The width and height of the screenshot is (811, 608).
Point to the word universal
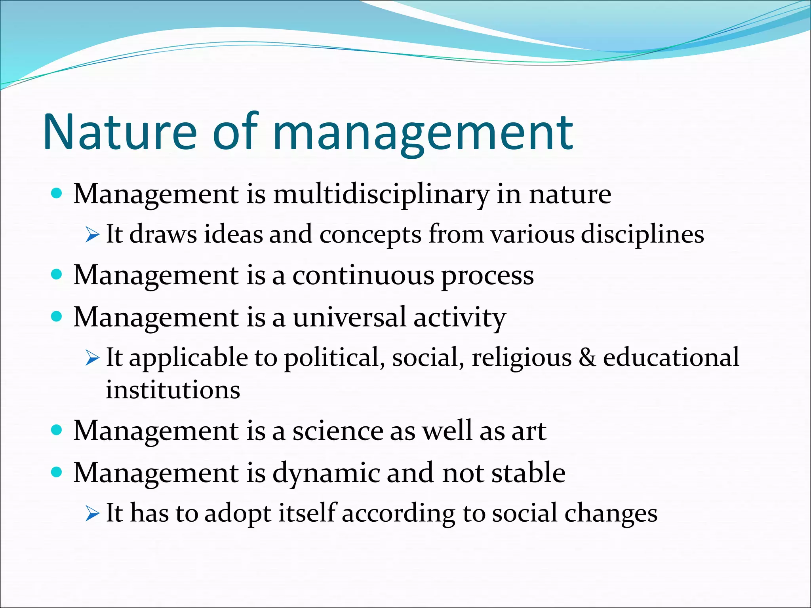pyautogui.click(x=349, y=317)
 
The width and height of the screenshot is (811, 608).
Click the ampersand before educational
pyautogui.click(x=587, y=357)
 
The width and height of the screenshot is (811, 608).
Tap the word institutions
pyautogui.click(x=173, y=390)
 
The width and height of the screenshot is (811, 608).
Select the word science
pyautogui.click(x=337, y=431)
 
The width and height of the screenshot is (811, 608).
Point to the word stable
pyautogui.click(x=528, y=473)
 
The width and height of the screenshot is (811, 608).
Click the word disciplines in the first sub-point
pyautogui.click(x=642, y=234)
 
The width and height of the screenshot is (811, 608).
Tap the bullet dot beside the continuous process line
pyautogui.click(x=57, y=274)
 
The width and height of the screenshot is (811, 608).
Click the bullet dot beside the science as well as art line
pyautogui.click(x=57, y=430)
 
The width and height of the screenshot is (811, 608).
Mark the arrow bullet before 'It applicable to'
pyautogui.click(x=92, y=359)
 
